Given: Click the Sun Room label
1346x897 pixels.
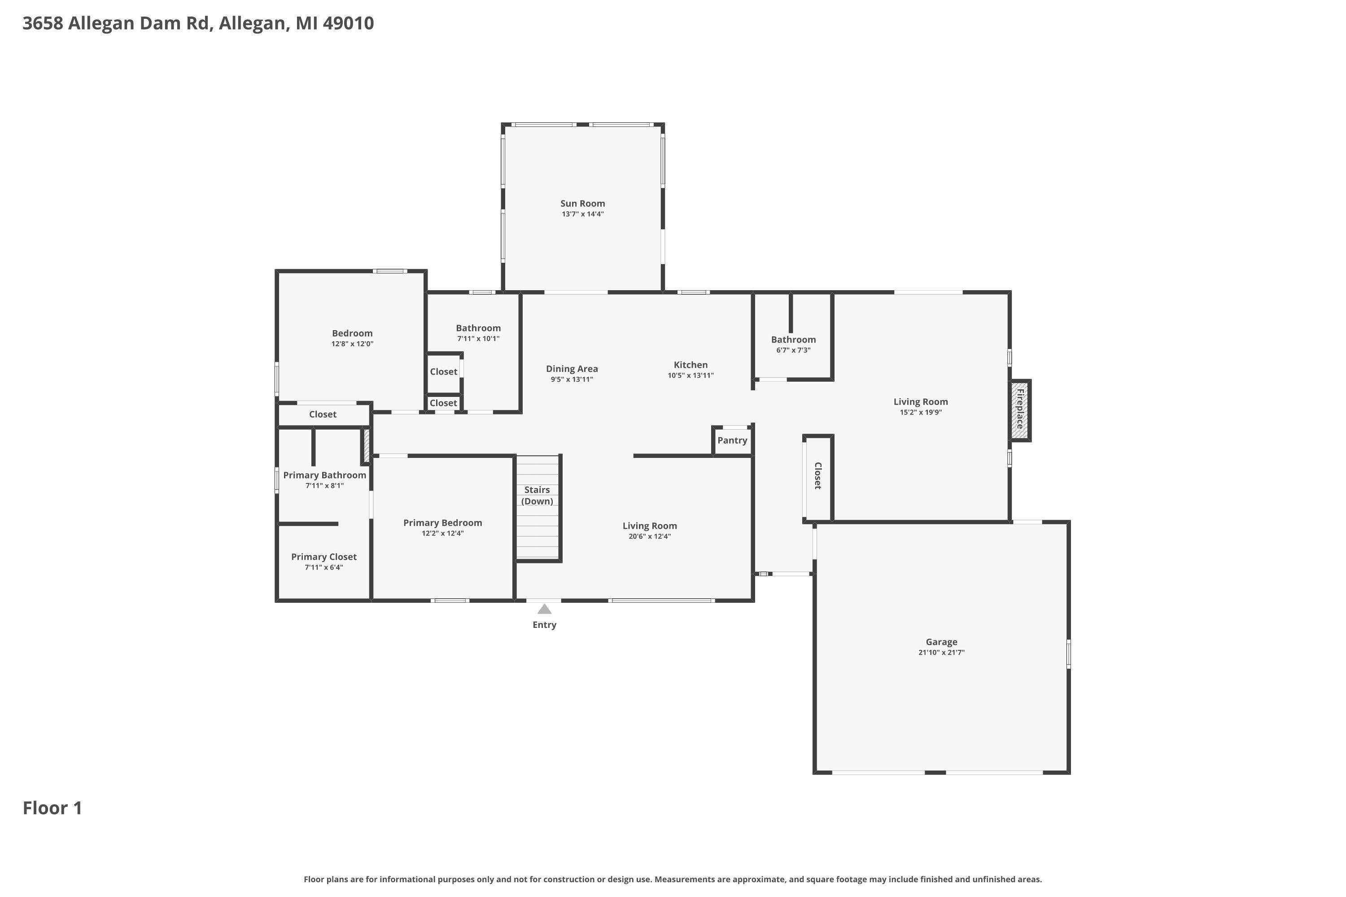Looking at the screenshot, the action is coord(582,204).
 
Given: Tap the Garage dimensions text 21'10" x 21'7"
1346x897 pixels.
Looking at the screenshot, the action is coord(941,652).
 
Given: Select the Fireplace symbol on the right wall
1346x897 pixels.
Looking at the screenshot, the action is coord(1020,410).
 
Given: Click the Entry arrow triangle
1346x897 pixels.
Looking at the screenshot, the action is coord(544,609).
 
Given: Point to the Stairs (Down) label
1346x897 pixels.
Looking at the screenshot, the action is coord(537,496).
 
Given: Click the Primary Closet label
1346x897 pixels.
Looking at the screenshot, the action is coord(324,557).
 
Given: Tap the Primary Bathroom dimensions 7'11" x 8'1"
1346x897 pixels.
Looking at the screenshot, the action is coord(324,486).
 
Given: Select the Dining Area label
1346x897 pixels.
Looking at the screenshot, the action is coord(572,369).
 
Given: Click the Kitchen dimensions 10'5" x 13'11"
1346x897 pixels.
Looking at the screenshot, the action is coord(691,375).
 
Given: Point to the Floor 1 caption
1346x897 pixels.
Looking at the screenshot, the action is coord(52,808).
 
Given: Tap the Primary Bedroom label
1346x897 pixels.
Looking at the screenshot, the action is coord(442,523).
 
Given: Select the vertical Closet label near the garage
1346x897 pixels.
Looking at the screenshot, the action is coord(818,476).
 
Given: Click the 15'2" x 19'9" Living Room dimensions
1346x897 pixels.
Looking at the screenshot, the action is coord(921,412).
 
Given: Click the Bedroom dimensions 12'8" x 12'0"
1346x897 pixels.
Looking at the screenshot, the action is coord(353,344).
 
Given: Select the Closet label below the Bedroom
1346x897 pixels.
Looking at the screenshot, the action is coord(323,414).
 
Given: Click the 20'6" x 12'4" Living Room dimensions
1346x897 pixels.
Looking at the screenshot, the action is coord(650,536).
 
